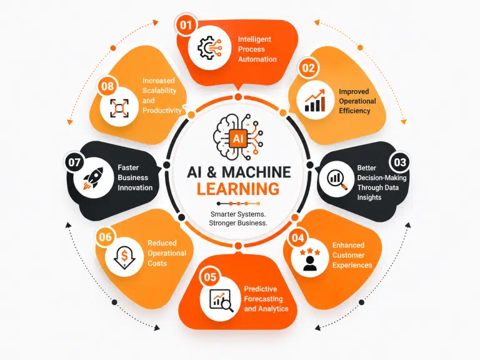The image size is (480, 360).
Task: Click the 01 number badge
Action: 186,24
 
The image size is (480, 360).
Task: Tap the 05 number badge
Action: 210,277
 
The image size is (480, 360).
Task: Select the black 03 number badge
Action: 400,162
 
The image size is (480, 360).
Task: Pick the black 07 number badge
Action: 74,162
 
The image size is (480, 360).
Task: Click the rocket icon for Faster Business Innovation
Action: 94,178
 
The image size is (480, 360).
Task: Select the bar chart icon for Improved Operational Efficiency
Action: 315,101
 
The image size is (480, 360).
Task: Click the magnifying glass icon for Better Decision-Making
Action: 337,179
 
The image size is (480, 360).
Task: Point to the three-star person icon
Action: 310,259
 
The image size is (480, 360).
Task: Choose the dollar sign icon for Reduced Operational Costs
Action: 124,257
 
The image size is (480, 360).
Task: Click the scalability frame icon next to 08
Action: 119,108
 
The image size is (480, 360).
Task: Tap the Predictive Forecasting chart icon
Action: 221,300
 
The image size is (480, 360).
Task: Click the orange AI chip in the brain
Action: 238,139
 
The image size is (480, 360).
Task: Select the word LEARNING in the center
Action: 238,189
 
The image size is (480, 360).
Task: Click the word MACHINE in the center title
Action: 256,172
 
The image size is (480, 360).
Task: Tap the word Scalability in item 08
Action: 159,91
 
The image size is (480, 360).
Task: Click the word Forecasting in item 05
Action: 263,299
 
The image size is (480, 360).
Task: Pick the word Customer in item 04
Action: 348,255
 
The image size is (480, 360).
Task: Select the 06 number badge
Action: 105,237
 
